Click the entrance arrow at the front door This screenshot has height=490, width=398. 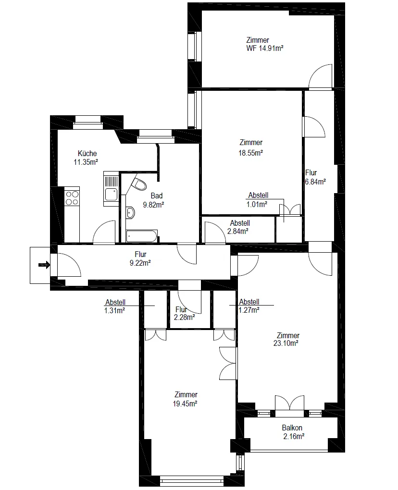click(x=44, y=265)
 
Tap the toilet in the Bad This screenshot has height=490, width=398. click(x=139, y=184)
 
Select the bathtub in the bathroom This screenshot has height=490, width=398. click(x=142, y=236)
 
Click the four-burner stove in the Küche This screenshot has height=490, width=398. click(x=72, y=197)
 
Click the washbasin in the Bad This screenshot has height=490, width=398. click(x=130, y=213)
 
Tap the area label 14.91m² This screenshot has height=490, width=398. click(x=271, y=48)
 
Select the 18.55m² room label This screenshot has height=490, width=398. click(x=250, y=153)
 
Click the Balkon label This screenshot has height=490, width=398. click(x=292, y=428)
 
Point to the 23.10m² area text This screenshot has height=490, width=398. click(x=286, y=343)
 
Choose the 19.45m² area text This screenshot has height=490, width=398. click(x=185, y=404)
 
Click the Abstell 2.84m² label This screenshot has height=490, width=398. click(x=238, y=227)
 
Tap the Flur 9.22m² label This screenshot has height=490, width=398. click(x=140, y=258)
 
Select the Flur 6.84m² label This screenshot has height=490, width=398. click(x=315, y=177)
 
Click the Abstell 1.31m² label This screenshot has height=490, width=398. click(x=115, y=306)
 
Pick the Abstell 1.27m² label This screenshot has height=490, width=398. click(x=249, y=306)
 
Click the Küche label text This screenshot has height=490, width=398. click(x=87, y=153)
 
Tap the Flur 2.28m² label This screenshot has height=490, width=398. click(x=185, y=313)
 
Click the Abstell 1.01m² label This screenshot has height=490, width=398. click(x=257, y=200)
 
